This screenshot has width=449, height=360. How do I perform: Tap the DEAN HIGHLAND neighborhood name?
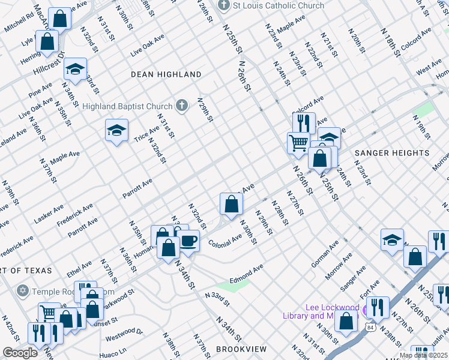(166, 74)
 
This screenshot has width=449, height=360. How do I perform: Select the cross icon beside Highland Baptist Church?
(182, 106)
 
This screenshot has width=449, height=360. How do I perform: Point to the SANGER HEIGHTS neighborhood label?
(392, 153)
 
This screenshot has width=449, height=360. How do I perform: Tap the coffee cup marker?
(189, 241)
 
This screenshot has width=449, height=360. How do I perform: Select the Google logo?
(20, 353)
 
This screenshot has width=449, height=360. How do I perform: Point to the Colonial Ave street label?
(224, 243)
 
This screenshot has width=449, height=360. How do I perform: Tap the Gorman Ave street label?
(325, 254)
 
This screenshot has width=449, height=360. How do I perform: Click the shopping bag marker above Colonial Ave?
(231, 205)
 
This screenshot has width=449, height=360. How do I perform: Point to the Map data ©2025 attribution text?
(423, 355)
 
